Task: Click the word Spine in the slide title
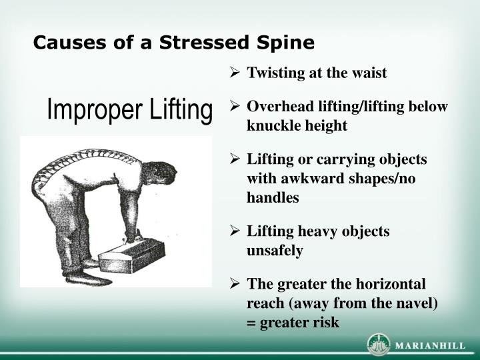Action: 287,43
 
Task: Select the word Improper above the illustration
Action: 90,110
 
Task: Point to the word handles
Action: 273,197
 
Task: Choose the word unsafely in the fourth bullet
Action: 275,251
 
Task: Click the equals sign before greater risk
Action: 251,323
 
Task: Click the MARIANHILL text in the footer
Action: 431,345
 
